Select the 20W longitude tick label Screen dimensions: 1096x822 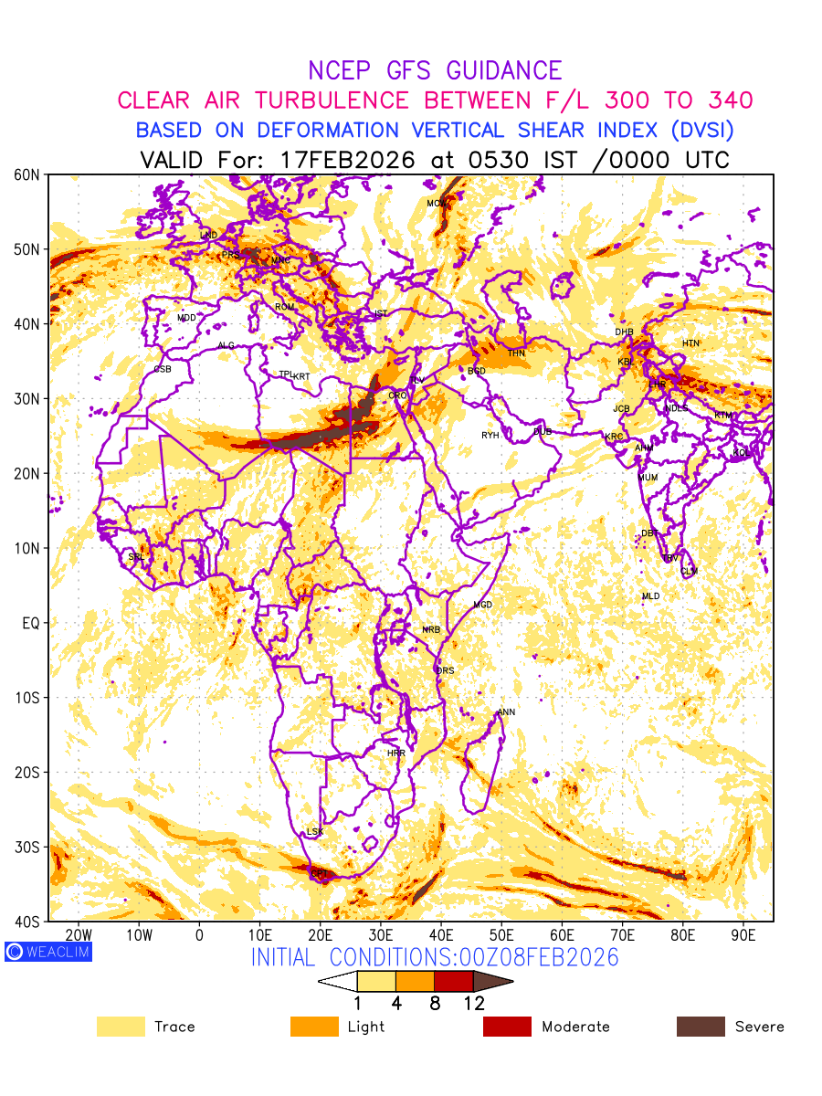(x=79, y=935)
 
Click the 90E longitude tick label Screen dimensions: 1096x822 (x=743, y=935)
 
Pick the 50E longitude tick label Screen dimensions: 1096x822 (x=501, y=935)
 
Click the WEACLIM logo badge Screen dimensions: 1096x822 (x=48, y=952)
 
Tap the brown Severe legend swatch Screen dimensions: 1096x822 (x=701, y=1027)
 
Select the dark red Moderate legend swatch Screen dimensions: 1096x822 (x=507, y=1027)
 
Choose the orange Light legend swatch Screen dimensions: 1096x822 (x=314, y=1027)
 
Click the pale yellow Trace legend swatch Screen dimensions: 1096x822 (x=121, y=1027)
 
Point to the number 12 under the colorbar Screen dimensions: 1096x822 (x=473, y=1004)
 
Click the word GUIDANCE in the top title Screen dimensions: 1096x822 (x=503, y=70)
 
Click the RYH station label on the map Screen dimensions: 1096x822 (x=490, y=436)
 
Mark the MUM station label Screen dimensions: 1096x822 (x=648, y=478)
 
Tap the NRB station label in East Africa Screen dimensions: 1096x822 (x=431, y=630)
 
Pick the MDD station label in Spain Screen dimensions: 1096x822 (x=186, y=318)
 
